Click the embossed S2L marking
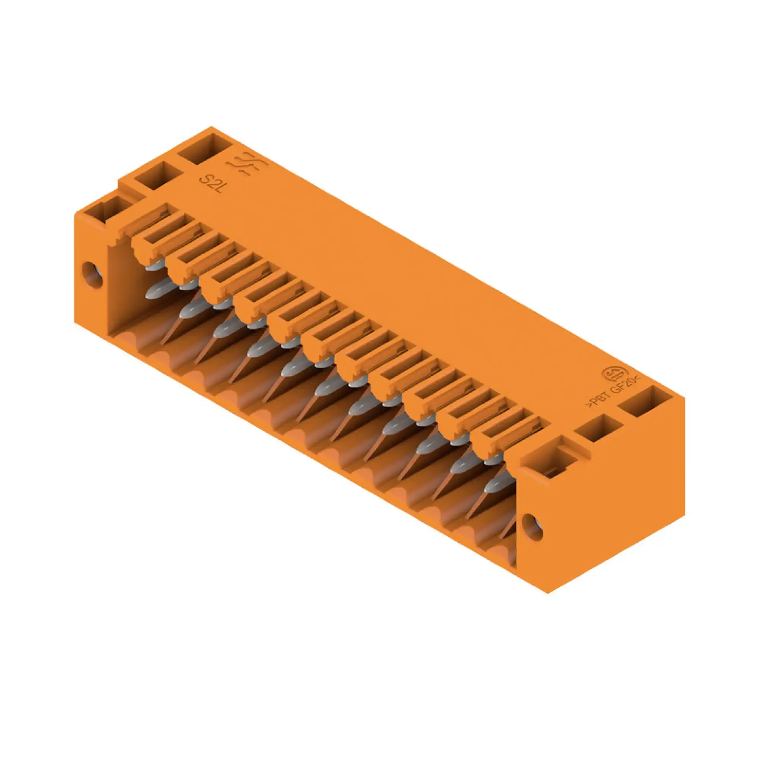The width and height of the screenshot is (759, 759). pos(211,183)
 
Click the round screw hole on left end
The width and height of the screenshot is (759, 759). pos(92,275)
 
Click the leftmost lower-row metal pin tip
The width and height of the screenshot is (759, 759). pos(157,290)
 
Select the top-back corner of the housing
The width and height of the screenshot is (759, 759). pos(212,127)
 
